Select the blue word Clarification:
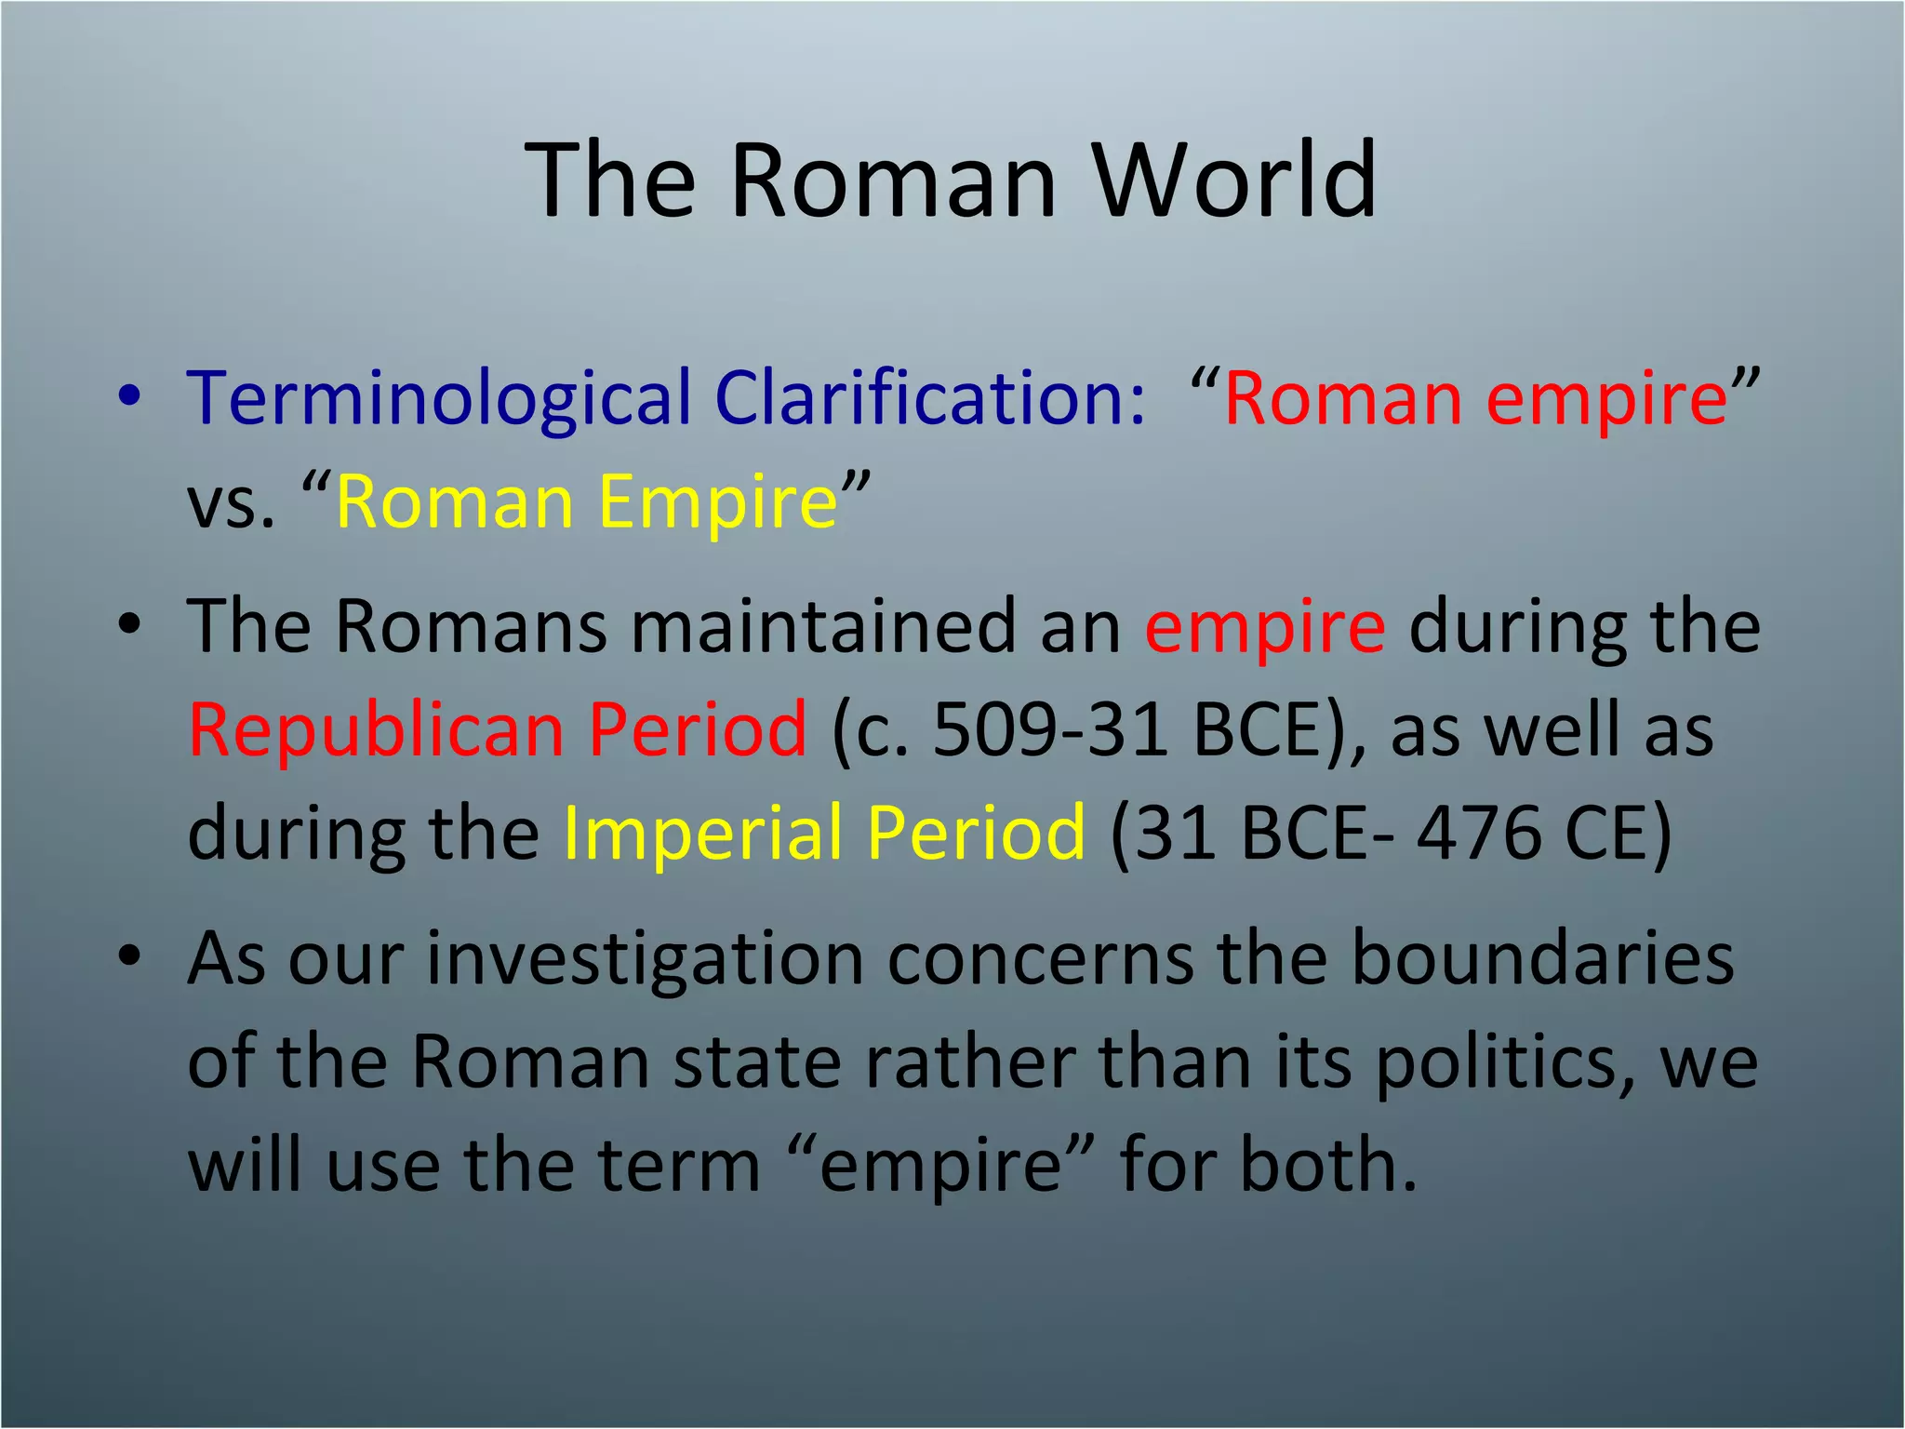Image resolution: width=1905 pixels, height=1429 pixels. point(930,398)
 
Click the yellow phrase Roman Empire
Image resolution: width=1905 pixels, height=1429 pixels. point(586,502)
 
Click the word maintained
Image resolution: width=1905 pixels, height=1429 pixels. point(823,626)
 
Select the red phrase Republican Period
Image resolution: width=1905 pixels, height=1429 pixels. point(498,729)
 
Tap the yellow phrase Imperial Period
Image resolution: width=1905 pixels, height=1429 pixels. point(824,833)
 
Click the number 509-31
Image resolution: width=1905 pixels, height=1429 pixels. point(1051,729)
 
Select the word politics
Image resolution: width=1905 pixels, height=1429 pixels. point(1503,1062)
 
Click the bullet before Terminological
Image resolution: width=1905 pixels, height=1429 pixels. point(129,398)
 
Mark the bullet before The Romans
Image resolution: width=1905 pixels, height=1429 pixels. point(129,626)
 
